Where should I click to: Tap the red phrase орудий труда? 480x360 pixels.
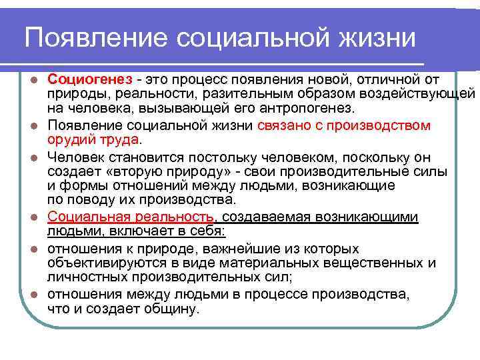(x=93, y=139)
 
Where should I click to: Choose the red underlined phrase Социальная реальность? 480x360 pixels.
(x=131, y=217)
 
